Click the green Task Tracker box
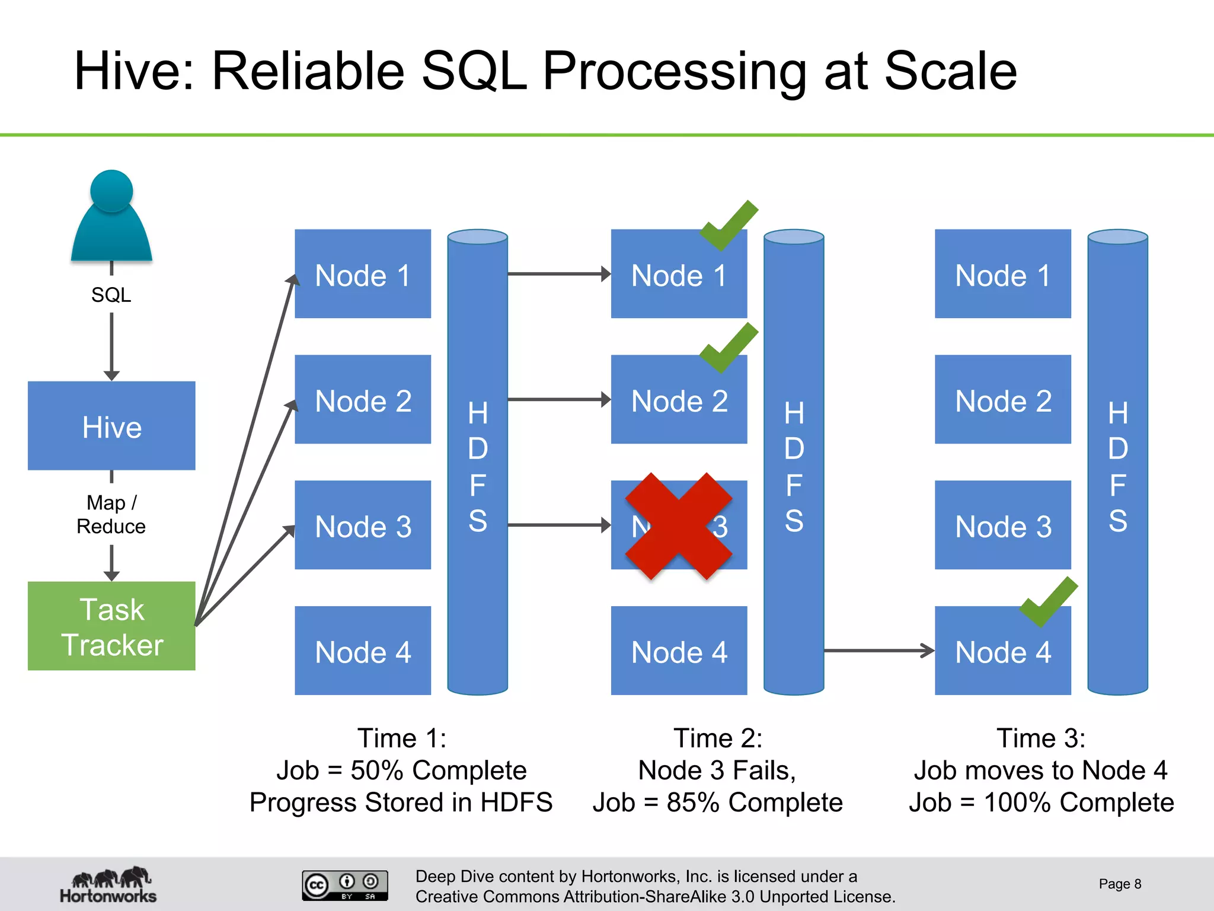[111, 626]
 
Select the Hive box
[111, 426]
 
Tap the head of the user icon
[111, 191]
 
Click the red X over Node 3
[679, 526]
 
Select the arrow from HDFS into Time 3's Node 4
[878, 651]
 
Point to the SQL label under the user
[111, 295]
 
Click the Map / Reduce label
[111, 514]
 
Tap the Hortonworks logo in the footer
[108, 885]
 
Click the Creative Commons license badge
[345, 885]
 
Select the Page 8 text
[1119, 884]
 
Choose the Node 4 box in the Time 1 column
[363, 651]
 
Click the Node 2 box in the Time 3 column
[1003, 399]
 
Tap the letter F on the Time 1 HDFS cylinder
[478, 485]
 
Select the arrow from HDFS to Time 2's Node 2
[558, 399]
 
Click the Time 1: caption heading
[401, 738]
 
